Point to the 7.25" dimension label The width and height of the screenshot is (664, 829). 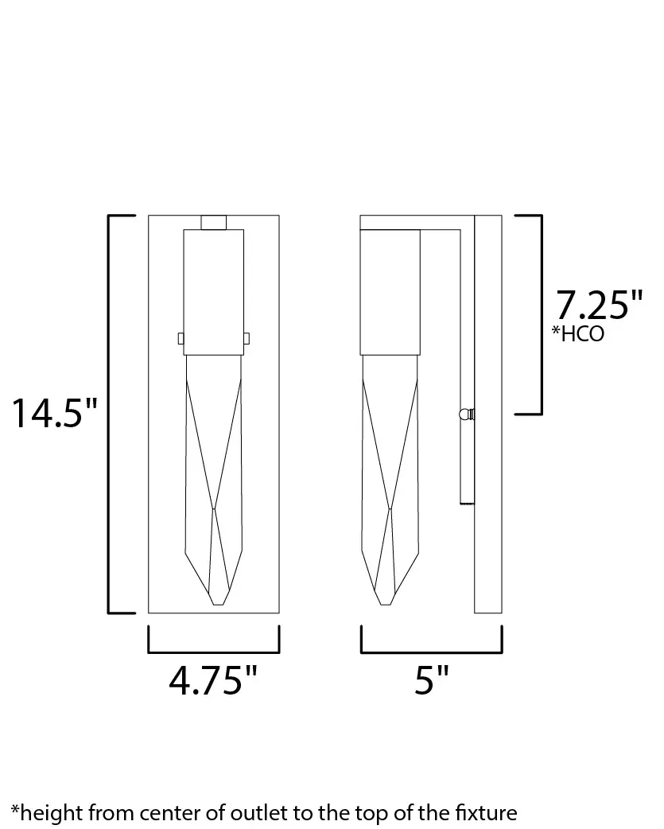[599, 305]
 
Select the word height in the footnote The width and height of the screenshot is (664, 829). [50, 812]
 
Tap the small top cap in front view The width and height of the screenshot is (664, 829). [213, 223]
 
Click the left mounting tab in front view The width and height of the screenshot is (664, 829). [181, 338]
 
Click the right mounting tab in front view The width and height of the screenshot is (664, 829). [247, 338]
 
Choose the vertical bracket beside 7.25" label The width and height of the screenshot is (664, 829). [540, 314]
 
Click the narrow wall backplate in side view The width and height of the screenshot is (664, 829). [487, 414]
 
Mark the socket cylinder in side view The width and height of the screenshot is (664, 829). [390, 292]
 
